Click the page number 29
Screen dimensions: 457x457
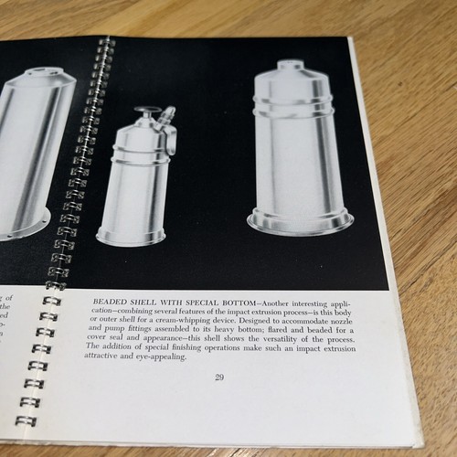(x=220, y=376)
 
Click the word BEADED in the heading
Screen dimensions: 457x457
(x=109, y=299)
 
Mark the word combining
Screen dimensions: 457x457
(x=118, y=309)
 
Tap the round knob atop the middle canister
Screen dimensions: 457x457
(x=144, y=112)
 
